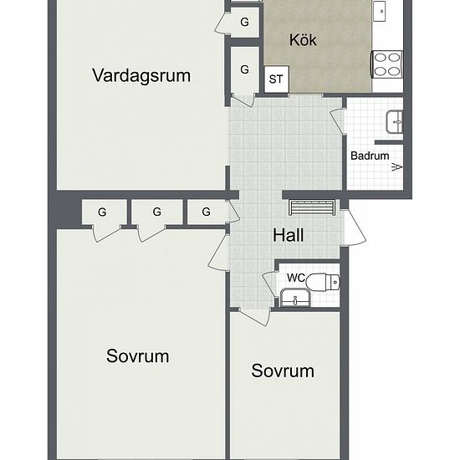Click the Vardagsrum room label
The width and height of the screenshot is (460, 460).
141,75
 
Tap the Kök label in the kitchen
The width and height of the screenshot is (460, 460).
303,39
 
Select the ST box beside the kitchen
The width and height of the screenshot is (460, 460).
276,80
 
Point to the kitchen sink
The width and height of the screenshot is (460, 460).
381,11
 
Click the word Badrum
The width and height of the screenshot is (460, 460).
369,156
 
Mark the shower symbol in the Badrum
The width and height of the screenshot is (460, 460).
396,166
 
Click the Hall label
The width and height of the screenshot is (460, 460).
289,235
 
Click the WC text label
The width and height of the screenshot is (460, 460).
296,278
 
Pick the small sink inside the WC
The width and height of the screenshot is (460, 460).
294,298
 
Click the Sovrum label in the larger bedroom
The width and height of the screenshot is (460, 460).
138,356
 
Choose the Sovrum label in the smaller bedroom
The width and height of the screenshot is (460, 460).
283,371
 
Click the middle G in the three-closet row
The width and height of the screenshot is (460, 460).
156,212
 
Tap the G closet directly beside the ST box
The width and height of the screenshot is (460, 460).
245,69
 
